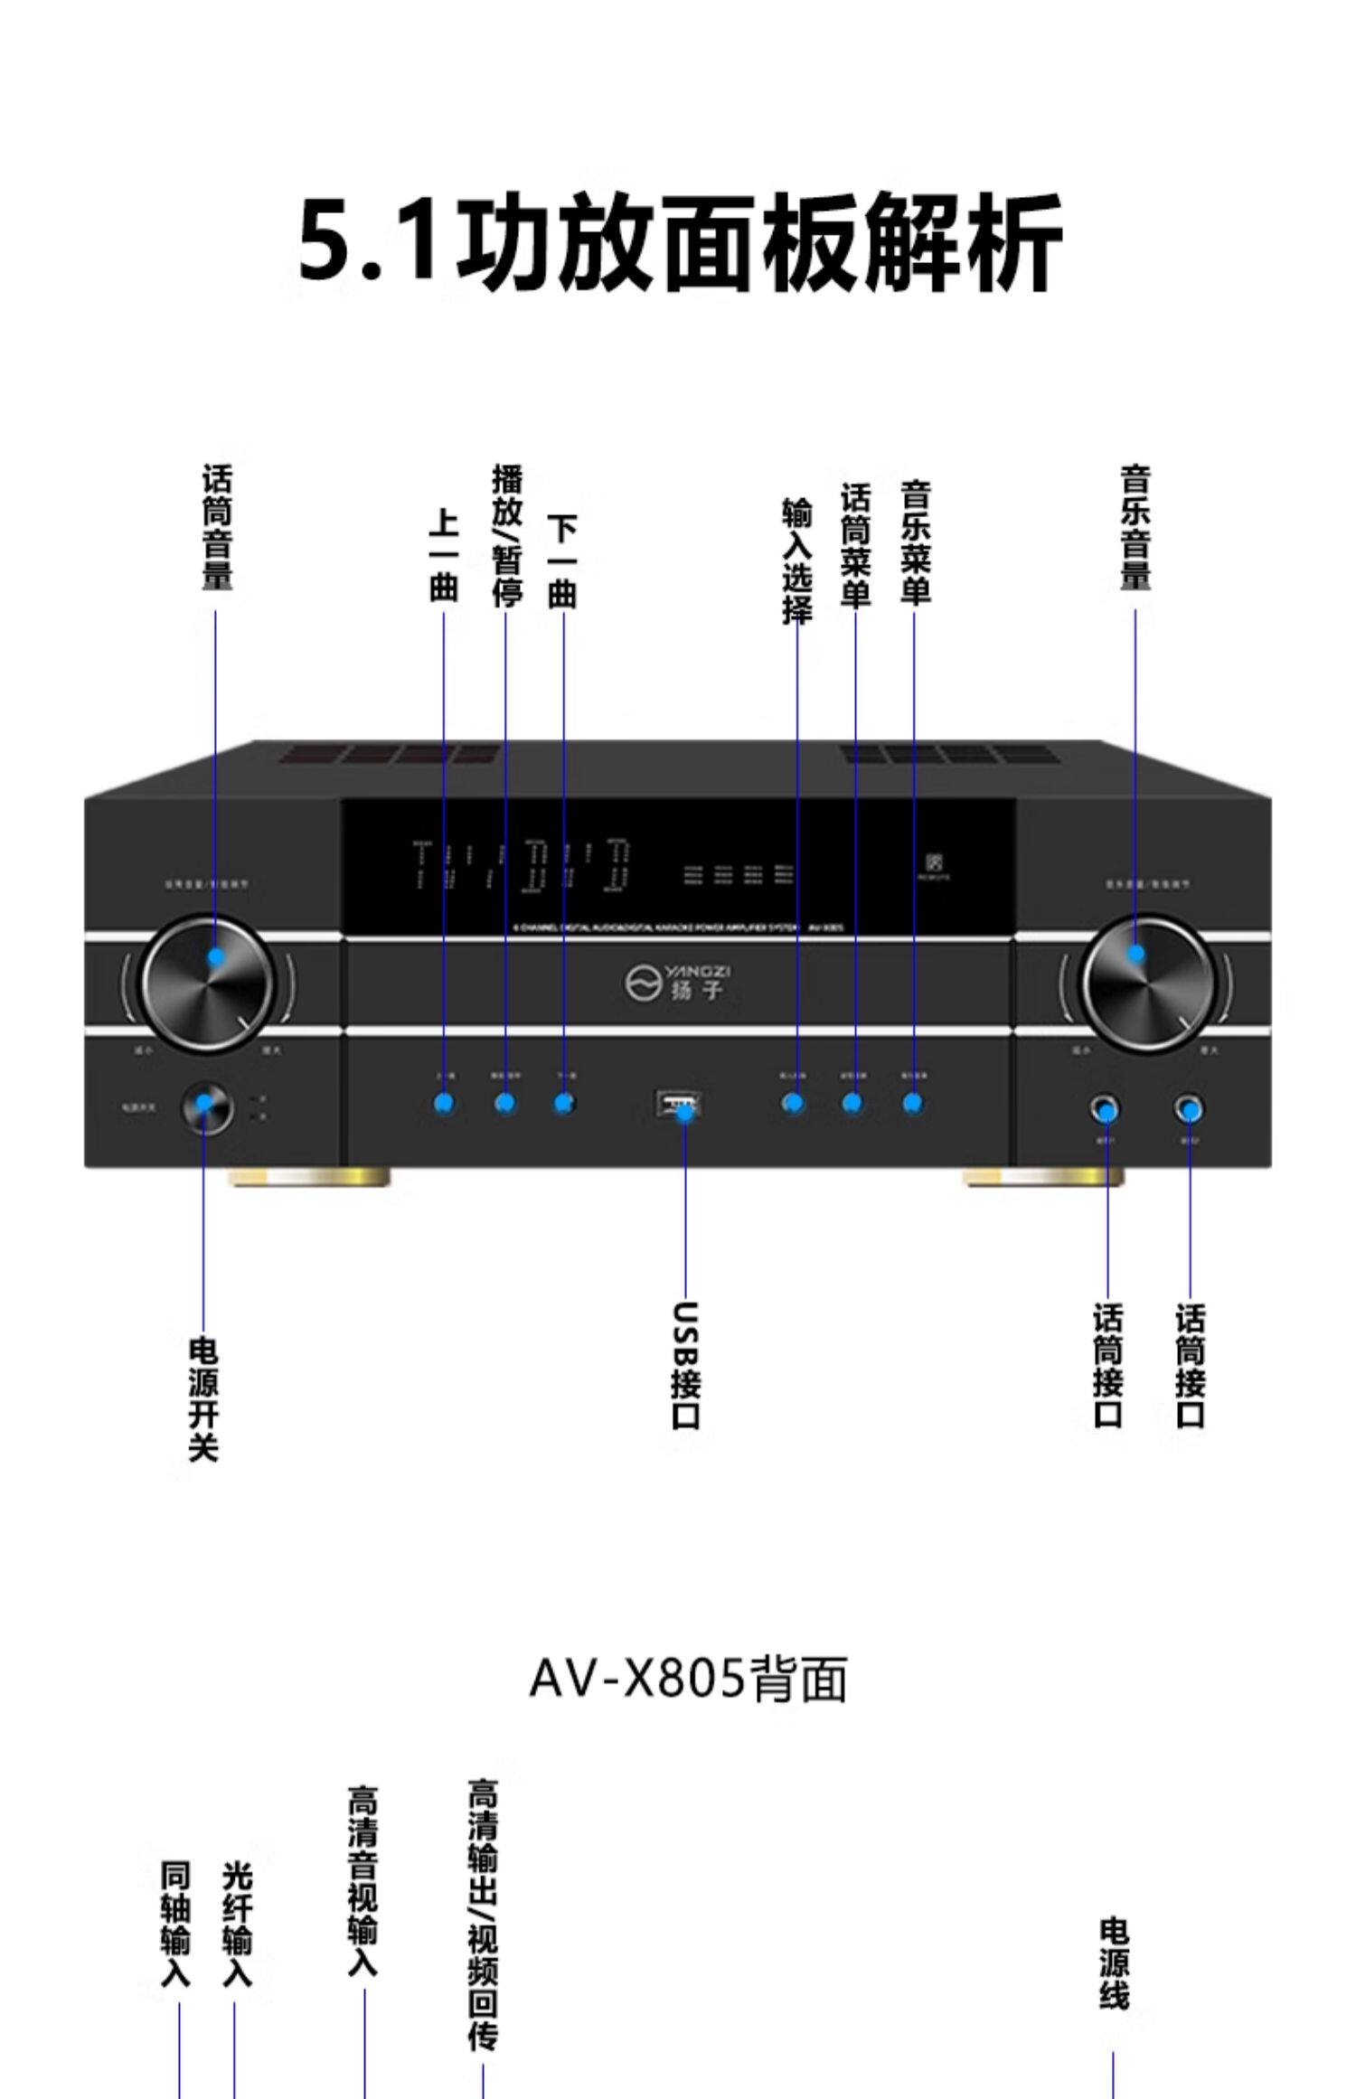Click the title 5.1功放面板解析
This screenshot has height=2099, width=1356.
680,241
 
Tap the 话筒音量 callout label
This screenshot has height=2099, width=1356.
216,528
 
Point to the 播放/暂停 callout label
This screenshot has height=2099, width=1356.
506,535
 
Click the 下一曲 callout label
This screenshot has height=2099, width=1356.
563,560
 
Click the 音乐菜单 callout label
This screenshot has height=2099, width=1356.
915,542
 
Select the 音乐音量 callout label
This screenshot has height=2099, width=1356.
1135,528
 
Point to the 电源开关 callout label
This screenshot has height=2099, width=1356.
203,1399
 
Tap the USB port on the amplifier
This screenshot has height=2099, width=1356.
678,1104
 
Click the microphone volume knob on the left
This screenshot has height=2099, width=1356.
207,984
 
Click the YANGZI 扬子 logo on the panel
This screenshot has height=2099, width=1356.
679,982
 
